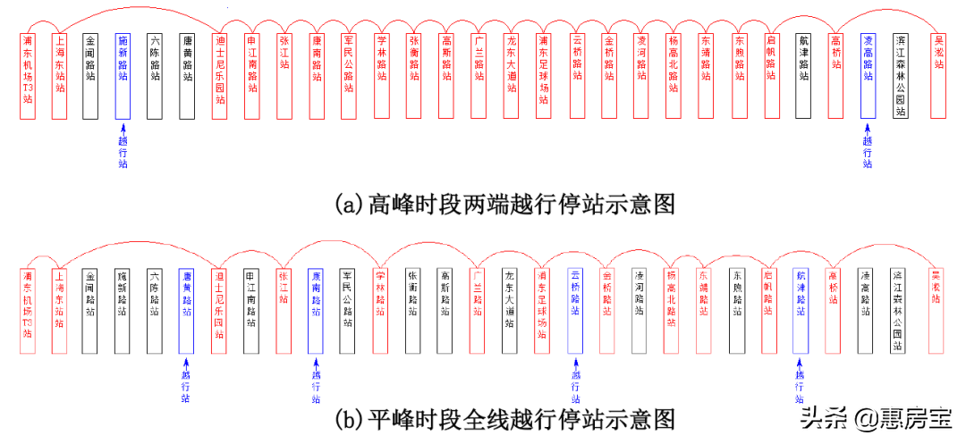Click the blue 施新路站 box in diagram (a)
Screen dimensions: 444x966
click(x=123, y=76)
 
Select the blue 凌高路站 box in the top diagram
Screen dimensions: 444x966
click(x=868, y=76)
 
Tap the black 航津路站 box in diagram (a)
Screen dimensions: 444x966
click(x=803, y=76)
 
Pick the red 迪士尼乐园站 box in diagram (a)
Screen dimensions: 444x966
click(x=220, y=76)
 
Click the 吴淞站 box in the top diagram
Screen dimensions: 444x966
click(x=939, y=76)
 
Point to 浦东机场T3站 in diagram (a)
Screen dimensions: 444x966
click(x=28, y=76)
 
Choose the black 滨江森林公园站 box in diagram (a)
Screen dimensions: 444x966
click(x=901, y=76)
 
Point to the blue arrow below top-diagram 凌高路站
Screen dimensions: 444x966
click(x=867, y=130)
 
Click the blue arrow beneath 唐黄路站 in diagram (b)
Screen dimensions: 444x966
click(x=186, y=363)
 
